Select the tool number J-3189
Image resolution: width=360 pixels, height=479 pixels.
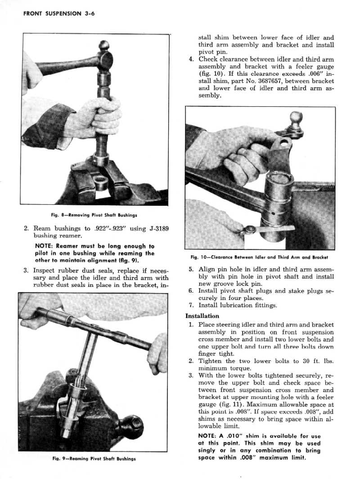[x=158, y=229]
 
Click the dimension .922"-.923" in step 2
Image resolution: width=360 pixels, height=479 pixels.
[x=109, y=229]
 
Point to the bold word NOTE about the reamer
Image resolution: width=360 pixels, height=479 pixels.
[x=45, y=246]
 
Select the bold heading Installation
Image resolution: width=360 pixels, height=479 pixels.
[x=202, y=316]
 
